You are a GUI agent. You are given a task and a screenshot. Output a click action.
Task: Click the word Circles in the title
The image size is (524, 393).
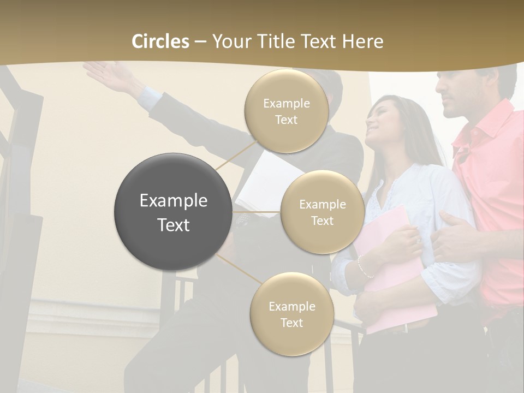[x=160, y=41]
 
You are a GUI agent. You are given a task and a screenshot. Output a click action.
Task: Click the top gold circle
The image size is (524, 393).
[x=286, y=111]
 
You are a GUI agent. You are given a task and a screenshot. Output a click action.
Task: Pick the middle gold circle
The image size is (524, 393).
[x=322, y=212]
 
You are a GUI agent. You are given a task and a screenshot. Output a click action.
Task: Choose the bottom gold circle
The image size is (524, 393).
[x=291, y=314]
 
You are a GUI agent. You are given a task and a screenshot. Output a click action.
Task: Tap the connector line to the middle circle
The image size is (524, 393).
[x=257, y=212]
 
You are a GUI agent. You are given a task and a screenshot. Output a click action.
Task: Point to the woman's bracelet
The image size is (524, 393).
[x=362, y=266]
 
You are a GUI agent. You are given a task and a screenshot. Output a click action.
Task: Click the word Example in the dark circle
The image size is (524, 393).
[x=173, y=201]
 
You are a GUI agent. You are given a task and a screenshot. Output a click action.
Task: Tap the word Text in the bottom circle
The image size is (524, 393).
[x=291, y=323]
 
